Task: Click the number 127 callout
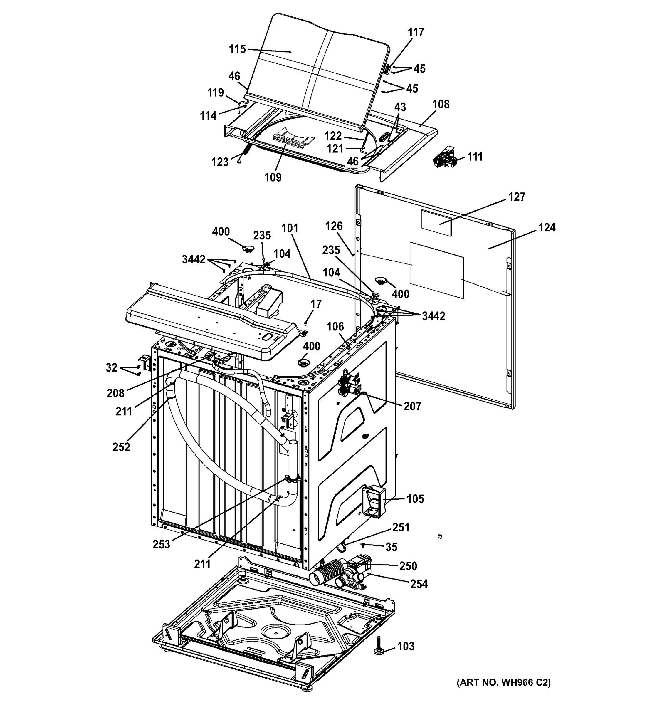click(x=517, y=197)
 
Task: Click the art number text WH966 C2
click(x=503, y=682)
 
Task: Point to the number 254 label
click(x=419, y=584)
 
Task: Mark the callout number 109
click(x=273, y=177)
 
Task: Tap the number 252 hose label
click(x=121, y=447)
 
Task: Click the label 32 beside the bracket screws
click(x=111, y=367)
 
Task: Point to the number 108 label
click(x=441, y=104)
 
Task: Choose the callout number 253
click(x=161, y=544)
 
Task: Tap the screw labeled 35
click(x=363, y=544)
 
